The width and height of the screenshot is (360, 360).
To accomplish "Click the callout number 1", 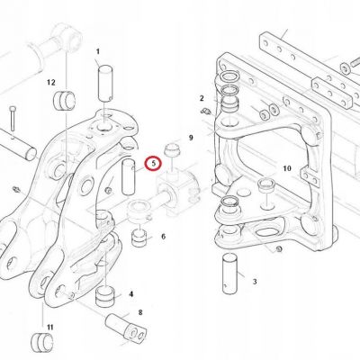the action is point(97,51).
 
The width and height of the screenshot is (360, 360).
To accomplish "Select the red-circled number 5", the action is point(153,164).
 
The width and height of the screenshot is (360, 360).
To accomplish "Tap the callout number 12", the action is point(51,82).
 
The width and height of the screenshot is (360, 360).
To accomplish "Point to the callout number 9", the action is point(191,138).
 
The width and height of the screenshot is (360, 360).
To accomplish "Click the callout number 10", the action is point(287,168).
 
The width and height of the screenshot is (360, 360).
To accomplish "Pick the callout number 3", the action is point(255,282).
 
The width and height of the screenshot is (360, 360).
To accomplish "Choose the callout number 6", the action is point(163,237).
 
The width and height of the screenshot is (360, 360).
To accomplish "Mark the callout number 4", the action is point(130,294).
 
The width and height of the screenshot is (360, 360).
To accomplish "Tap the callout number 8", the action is point(140,313).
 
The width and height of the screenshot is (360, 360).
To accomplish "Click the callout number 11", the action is point(49,327).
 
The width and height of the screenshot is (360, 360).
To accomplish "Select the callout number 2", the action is point(202,98).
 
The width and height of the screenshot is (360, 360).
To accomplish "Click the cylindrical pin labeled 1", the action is point(105,84).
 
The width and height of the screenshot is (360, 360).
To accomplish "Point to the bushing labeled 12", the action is point(64,99).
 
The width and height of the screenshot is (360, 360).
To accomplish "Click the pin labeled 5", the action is point(128,177).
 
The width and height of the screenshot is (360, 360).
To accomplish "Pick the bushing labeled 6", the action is point(139,238).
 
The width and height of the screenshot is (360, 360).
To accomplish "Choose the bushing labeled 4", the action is point(105,296).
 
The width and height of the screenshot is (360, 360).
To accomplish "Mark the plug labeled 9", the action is point(172,149).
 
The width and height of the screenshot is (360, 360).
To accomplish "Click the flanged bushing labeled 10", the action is point(265,184).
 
